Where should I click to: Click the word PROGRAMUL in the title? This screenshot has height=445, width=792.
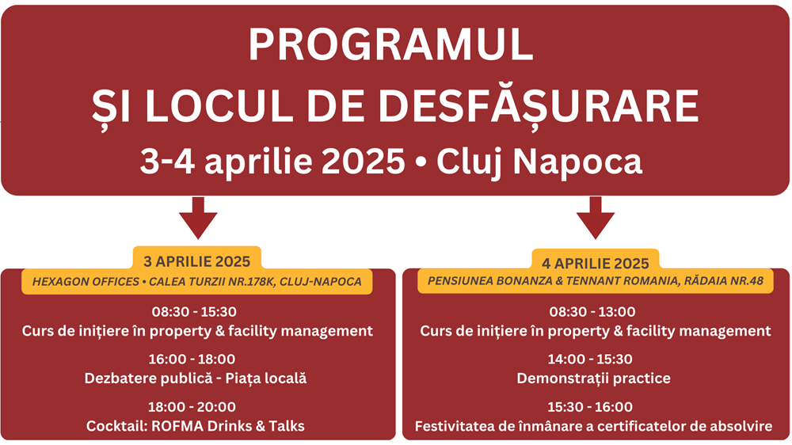[390, 45]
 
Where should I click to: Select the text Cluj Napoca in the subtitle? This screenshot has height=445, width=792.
[539, 162]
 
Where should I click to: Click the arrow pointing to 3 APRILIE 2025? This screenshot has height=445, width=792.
[198, 218]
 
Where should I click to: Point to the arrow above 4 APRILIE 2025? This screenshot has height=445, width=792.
[596, 218]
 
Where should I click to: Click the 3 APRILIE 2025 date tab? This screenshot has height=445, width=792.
[197, 260]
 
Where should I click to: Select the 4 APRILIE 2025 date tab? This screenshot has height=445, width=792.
[596, 262]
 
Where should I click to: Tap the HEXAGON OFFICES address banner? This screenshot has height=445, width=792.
[197, 281]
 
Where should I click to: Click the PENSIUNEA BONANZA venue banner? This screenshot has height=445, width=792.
[596, 281]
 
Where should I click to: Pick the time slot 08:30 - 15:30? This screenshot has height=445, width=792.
[195, 312]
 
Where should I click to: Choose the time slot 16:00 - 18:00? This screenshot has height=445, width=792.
[192, 359]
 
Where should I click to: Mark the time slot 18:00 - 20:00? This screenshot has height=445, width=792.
[192, 407]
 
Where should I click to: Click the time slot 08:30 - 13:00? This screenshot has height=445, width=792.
[592, 312]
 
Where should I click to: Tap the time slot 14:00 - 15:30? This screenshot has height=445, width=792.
[590, 359]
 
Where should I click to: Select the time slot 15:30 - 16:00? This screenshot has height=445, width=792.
[590, 407]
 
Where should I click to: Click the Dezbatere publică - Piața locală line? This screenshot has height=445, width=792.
[196, 378]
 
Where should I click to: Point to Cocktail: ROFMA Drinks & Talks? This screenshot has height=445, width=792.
[196, 426]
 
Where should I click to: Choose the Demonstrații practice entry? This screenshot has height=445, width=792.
[593, 378]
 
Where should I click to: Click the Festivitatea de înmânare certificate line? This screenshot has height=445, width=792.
[593, 426]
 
